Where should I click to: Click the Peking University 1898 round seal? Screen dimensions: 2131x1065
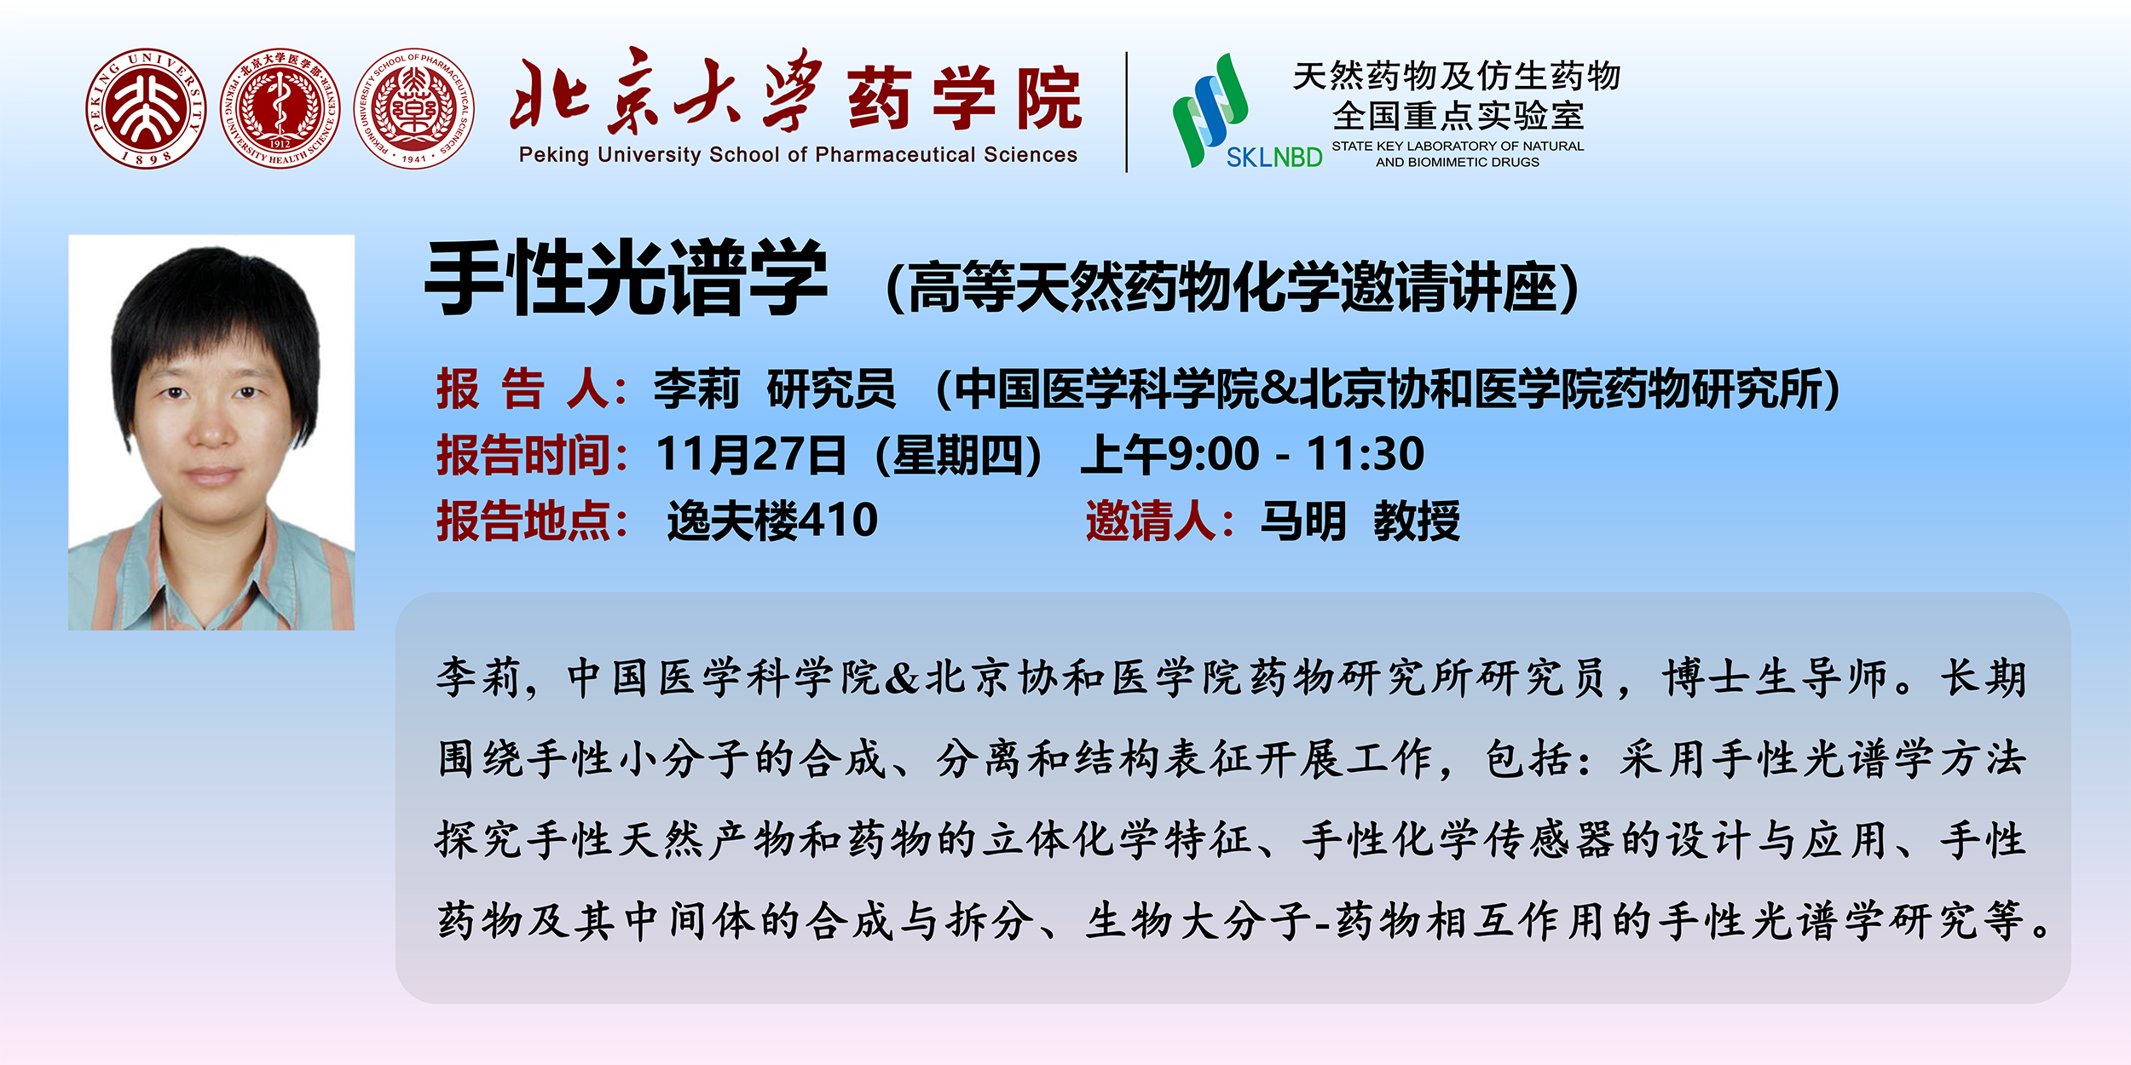146,108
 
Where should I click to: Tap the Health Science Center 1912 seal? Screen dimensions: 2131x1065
280,108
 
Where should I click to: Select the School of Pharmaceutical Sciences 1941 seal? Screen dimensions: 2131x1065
414,108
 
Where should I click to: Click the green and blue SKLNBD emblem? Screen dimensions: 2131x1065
1210,109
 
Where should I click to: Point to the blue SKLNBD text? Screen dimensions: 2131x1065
1274,157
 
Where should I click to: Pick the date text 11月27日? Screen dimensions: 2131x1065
751,454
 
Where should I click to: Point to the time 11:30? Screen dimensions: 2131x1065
1366,454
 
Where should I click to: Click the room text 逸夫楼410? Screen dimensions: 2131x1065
772,521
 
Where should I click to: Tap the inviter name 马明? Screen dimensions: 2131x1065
1303,521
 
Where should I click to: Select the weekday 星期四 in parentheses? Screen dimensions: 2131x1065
958,454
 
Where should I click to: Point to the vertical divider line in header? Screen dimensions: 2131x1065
1127,112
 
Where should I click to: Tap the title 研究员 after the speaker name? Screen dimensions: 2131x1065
831,389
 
